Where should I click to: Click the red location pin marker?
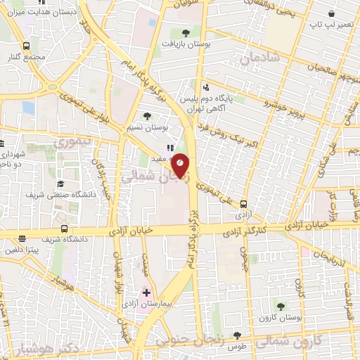(x=181, y=163)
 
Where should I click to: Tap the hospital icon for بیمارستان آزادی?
(x=146, y=292)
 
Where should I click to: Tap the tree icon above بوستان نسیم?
(x=147, y=117)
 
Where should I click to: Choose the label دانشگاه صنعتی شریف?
(x=50, y=194)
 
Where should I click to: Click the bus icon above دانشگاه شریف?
(x=65, y=229)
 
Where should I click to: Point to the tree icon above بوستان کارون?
(x=281, y=306)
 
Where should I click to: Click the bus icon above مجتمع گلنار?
(x=26, y=46)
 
